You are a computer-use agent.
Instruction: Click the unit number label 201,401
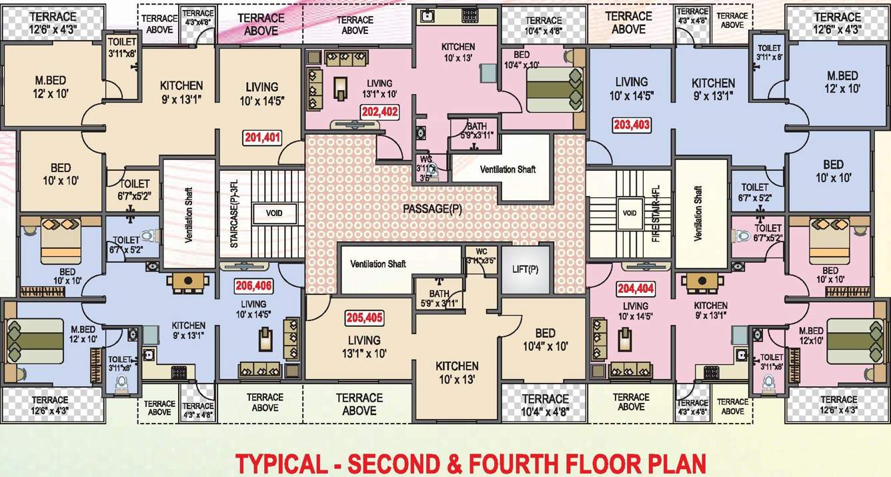click(x=262, y=138)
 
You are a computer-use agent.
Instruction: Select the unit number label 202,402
click(x=379, y=112)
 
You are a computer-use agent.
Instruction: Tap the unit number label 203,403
click(x=631, y=124)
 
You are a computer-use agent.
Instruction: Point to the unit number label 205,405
click(x=364, y=318)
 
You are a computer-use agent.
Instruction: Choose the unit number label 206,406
click(x=253, y=286)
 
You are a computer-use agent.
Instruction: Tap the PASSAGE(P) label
click(x=432, y=209)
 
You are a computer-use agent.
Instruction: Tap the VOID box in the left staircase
click(x=274, y=213)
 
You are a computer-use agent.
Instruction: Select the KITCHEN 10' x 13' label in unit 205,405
click(x=457, y=372)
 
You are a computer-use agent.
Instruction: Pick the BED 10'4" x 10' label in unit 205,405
click(x=544, y=340)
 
